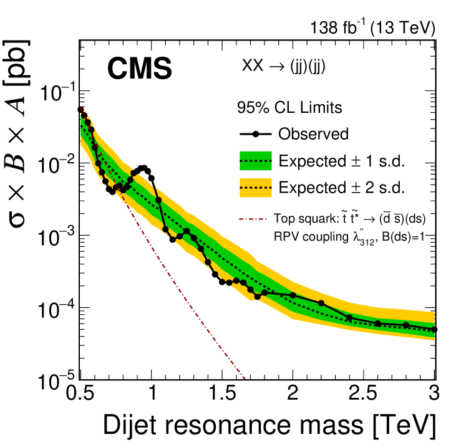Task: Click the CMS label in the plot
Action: pyautogui.click(x=138, y=69)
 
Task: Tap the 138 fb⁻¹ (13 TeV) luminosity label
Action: pyautogui.click(x=372, y=28)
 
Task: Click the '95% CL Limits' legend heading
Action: pyautogui.click(x=289, y=107)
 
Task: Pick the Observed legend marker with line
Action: pyautogui.click(x=255, y=134)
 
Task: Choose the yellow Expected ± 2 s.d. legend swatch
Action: pyautogui.click(x=255, y=186)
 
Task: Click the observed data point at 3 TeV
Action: pyautogui.click(x=435, y=329)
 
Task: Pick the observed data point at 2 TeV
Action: pyautogui.click(x=293, y=295)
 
